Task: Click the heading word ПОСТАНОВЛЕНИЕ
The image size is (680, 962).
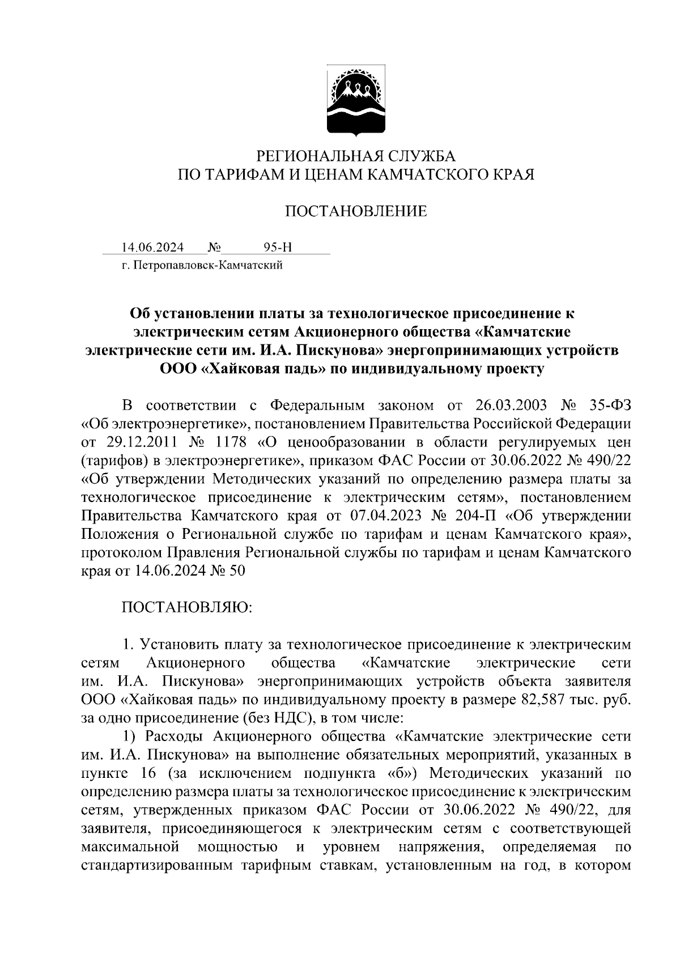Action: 355,212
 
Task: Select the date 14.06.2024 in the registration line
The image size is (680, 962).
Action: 152,248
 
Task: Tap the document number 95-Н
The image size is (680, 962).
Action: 278,248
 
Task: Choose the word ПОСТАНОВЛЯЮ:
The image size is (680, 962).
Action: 186,607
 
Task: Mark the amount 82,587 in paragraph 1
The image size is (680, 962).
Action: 541,699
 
